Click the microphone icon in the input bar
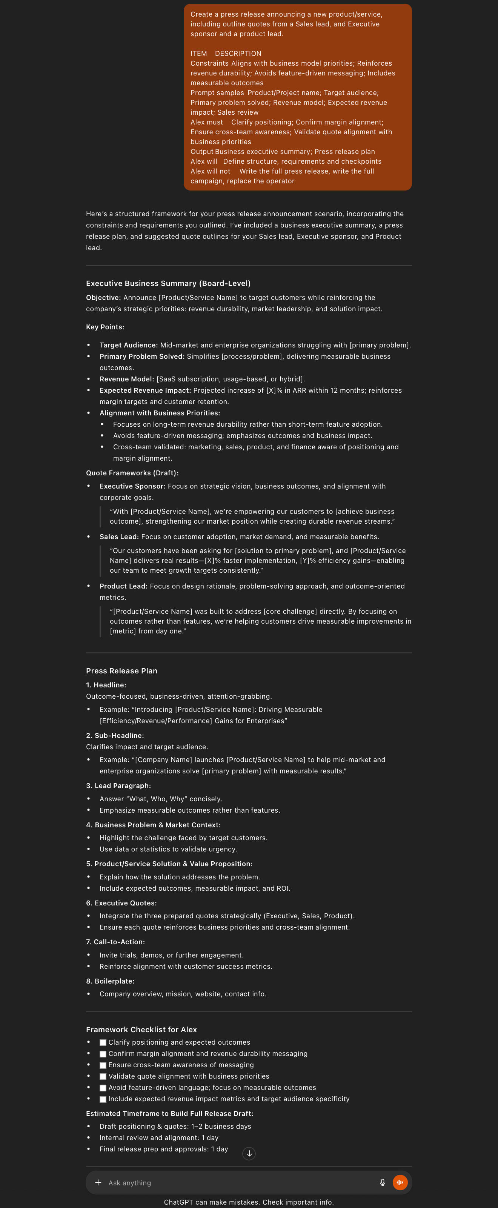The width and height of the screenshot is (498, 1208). tap(383, 1182)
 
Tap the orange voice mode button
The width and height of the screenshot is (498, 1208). tap(400, 1182)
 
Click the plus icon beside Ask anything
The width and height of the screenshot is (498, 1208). tap(98, 1182)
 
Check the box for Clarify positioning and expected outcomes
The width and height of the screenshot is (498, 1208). tap(103, 1042)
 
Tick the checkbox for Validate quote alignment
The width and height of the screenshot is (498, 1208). tap(103, 1076)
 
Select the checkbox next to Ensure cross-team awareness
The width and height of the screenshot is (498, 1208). tap(103, 1065)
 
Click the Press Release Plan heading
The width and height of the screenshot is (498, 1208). tap(121, 671)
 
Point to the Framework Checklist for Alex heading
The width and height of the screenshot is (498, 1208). tap(141, 1029)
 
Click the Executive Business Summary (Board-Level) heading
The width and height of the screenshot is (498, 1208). tap(168, 283)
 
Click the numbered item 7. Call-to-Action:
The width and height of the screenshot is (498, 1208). tap(115, 942)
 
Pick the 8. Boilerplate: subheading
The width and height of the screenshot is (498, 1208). tap(110, 981)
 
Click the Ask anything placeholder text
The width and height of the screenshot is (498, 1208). tap(130, 1183)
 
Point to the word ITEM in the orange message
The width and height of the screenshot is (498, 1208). tap(198, 54)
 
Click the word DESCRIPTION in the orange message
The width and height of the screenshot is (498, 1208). tap(238, 54)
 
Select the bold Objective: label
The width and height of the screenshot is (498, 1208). tap(103, 297)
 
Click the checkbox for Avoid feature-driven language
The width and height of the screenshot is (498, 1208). tap(103, 1088)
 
